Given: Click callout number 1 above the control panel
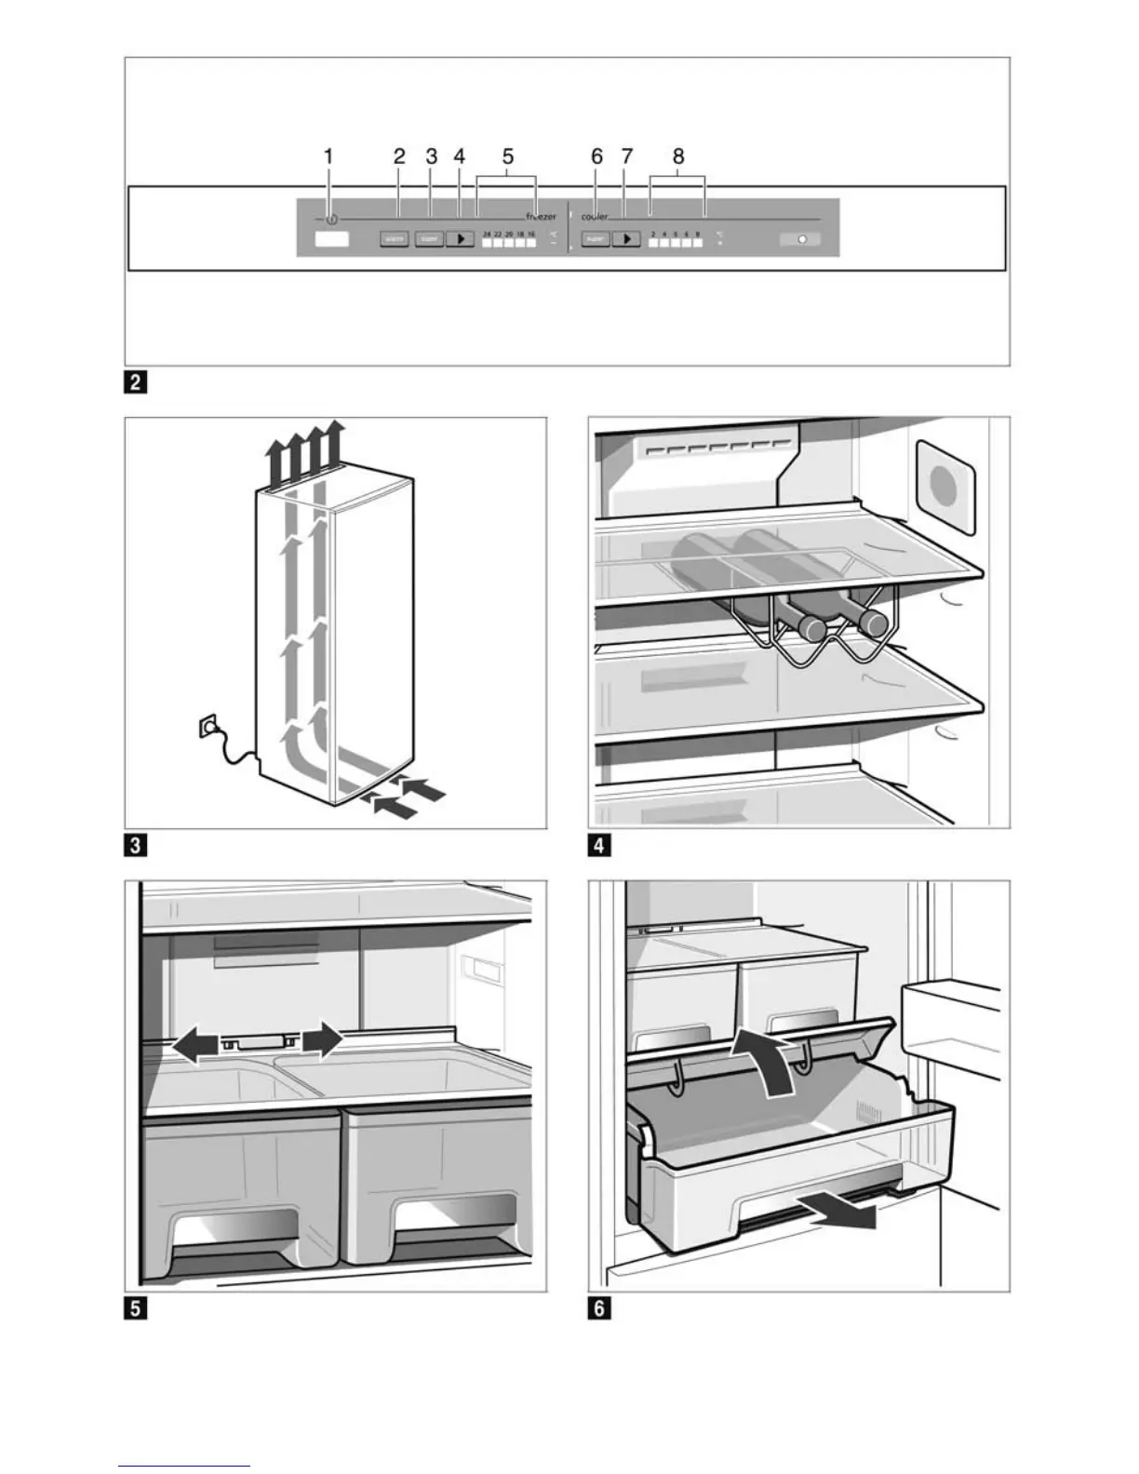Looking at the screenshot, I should click(x=328, y=157).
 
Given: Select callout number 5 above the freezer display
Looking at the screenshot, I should click(x=507, y=157).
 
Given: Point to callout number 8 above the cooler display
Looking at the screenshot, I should click(x=678, y=157).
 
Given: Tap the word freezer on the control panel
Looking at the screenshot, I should click(x=541, y=216).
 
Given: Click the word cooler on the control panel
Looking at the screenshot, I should click(x=596, y=216).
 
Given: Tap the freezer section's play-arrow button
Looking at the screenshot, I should click(x=460, y=239).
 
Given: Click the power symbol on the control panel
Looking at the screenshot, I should click(x=332, y=220).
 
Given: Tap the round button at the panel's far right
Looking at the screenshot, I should click(x=800, y=239).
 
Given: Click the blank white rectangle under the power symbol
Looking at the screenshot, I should click(x=331, y=239).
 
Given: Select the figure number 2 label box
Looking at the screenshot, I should click(x=135, y=382).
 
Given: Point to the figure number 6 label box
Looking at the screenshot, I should click(x=598, y=1308).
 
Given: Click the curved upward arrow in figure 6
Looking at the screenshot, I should click(x=767, y=1061).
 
